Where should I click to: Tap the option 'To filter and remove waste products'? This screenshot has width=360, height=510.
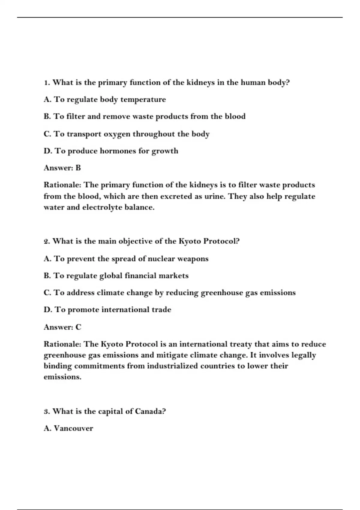tap(144, 116)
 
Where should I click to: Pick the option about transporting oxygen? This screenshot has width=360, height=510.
tap(126, 134)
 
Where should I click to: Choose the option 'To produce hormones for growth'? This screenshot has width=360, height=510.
tap(111, 151)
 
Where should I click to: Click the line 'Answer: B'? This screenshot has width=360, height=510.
tap(62, 168)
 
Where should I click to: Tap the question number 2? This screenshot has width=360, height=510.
tap(47, 241)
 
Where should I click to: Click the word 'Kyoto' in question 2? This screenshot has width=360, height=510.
tap(190, 241)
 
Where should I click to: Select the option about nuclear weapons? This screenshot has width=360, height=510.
tap(126, 259)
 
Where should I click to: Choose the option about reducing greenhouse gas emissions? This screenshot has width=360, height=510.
tap(169, 293)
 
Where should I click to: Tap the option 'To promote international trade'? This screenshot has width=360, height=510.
tap(107, 310)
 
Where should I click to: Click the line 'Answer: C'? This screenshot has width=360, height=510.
tap(62, 327)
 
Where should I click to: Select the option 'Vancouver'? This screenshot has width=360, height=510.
tap(68, 428)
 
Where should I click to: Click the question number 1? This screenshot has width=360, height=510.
tap(46, 83)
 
